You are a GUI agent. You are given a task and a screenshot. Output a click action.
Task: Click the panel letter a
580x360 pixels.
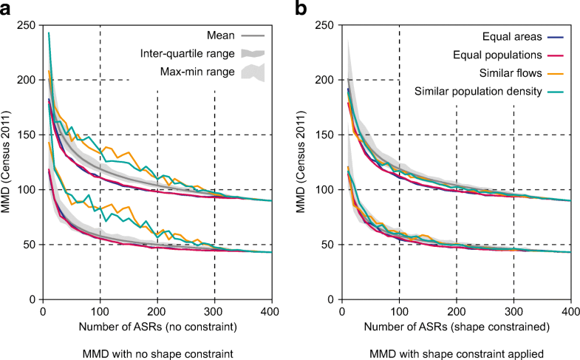pos(10,9)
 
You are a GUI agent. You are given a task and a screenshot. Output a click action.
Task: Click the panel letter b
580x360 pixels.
pos(300,9)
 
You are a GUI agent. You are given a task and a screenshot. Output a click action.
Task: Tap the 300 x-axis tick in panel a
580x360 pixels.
pos(214,310)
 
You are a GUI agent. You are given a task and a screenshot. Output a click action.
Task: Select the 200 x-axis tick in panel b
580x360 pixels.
pos(457,310)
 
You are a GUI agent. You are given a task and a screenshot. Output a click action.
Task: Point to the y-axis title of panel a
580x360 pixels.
pos(10,161)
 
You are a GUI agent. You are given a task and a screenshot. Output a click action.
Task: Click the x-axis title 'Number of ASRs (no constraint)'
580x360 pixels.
pos(157,325)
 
